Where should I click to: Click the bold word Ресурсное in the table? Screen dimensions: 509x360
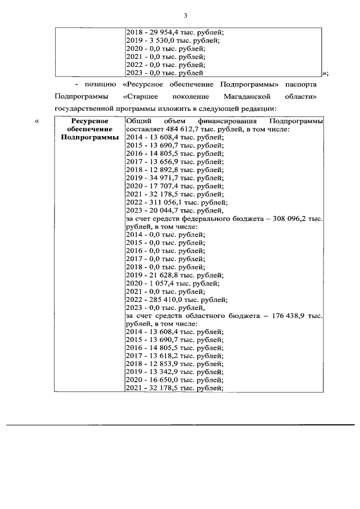[x=89, y=121]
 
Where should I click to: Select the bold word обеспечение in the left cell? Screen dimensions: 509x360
[x=89, y=129]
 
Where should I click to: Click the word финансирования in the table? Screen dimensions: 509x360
[x=227, y=121]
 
